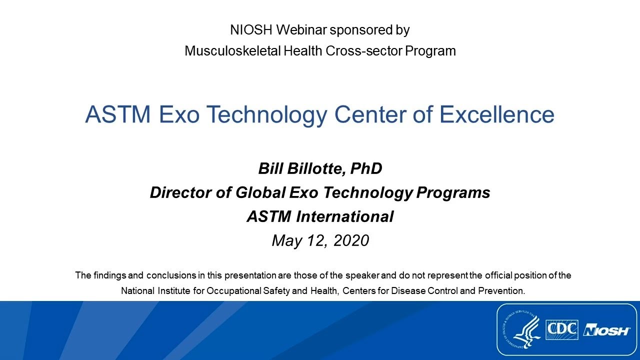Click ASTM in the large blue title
(x=118, y=114)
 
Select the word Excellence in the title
(x=497, y=114)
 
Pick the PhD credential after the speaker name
(x=366, y=169)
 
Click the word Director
(x=180, y=193)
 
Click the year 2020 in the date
(x=351, y=241)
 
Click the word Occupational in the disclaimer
(x=234, y=291)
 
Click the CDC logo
(x=561, y=330)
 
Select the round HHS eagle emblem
(x=520, y=330)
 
